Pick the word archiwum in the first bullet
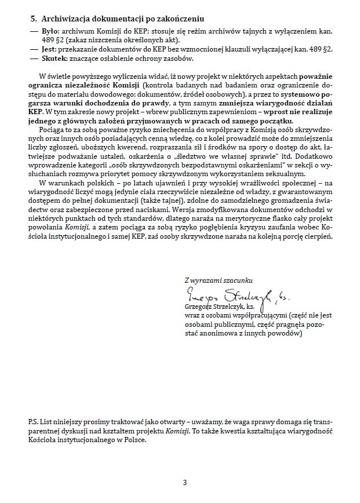tap(71, 31)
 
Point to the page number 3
tap(184, 482)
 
